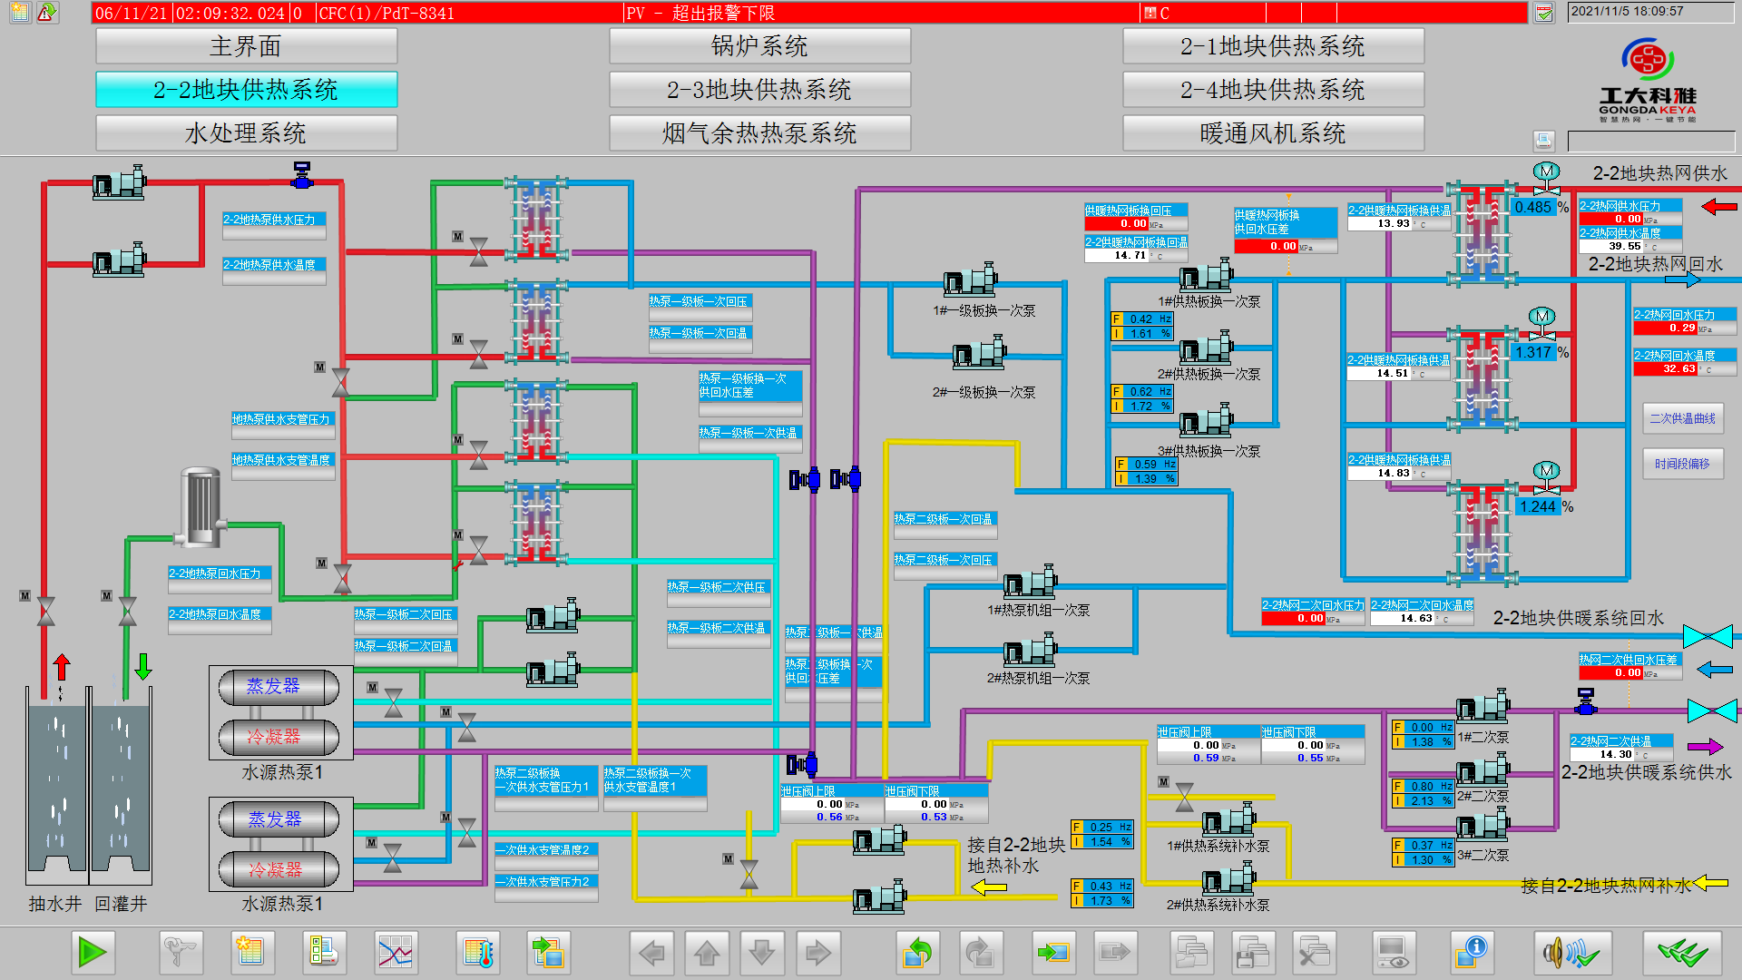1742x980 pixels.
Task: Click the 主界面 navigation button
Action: click(x=246, y=46)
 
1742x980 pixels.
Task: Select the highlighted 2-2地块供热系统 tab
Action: click(x=246, y=90)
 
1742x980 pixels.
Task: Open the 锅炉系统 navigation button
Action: click(x=759, y=46)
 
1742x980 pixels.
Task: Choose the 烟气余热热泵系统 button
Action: click(x=759, y=133)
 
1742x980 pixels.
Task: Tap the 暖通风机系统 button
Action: click(x=1273, y=133)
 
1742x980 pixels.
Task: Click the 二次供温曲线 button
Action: click(x=1682, y=418)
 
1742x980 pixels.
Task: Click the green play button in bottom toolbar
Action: click(x=93, y=952)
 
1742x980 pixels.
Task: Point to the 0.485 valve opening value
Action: click(x=1533, y=207)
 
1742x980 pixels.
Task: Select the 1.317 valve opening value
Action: click(x=1533, y=352)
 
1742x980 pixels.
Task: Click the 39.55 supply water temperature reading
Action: click(x=1624, y=246)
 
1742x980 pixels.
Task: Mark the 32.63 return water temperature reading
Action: click(x=1678, y=369)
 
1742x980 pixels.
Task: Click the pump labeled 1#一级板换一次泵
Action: click(x=970, y=280)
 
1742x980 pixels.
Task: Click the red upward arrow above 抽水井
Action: click(x=62, y=667)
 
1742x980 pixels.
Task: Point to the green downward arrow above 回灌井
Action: click(x=143, y=667)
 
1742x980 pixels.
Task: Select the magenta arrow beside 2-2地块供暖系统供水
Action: click(x=1704, y=747)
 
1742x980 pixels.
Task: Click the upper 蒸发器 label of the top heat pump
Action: click(x=273, y=687)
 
